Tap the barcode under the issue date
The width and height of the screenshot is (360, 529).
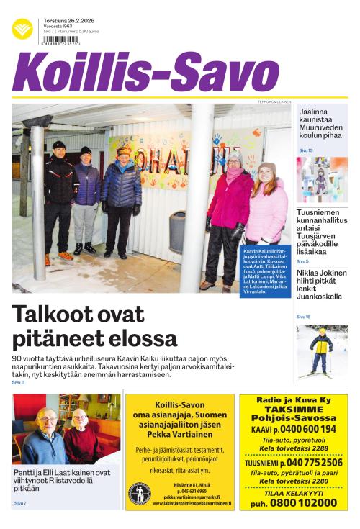click(62, 41)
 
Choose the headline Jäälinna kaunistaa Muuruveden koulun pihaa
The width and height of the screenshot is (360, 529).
click(320, 127)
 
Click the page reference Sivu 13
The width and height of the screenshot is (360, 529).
click(305, 150)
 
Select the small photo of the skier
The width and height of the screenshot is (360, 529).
click(321, 353)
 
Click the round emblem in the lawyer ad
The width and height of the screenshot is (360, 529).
click(139, 493)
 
